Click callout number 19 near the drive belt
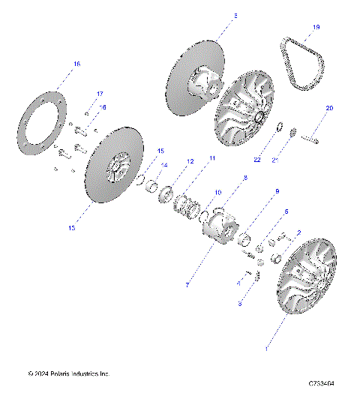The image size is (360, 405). (x=316, y=28)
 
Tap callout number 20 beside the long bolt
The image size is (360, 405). (x=328, y=109)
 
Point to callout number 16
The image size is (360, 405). (x=76, y=65)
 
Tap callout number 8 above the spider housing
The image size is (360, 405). (x=223, y=178)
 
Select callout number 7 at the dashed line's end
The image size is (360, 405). (x=187, y=286)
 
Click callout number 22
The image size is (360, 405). (x=256, y=159)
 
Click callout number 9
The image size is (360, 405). (x=255, y=191)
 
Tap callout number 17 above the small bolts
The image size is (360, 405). (x=99, y=94)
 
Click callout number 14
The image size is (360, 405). (x=164, y=166)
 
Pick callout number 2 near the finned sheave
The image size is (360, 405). (x=298, y=232)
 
